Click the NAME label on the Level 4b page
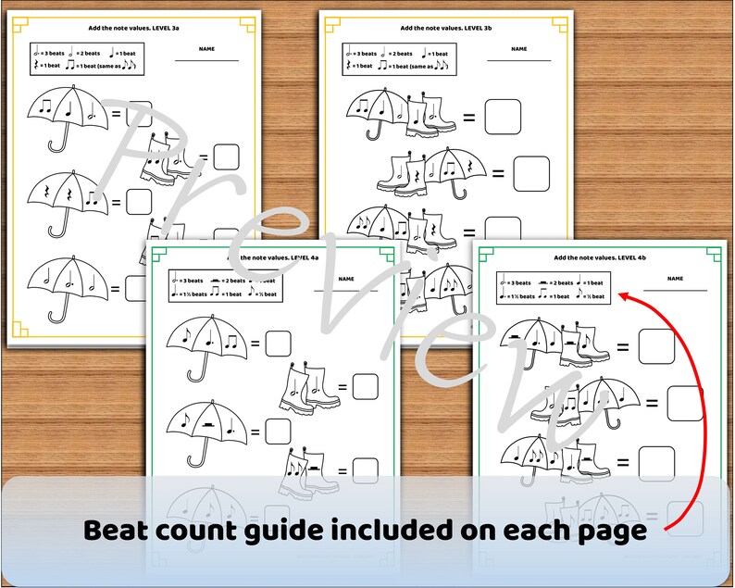click(x=674, y=278)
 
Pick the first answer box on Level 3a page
click(x=140, y=113)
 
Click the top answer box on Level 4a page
click(x=278, y=343)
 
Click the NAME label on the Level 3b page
click(x=518, y=48)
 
